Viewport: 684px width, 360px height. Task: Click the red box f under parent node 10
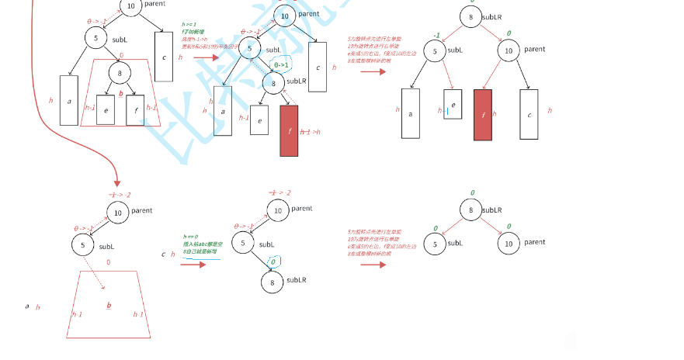482,114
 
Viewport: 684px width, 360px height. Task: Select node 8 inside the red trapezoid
119,74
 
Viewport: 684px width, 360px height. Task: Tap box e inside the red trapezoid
106,109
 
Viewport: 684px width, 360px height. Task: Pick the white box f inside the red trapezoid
134,109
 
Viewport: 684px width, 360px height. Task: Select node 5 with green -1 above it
435,52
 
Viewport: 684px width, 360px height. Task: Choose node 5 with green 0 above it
435,244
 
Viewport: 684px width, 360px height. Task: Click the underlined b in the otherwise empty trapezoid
109,306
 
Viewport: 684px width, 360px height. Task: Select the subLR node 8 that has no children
272,283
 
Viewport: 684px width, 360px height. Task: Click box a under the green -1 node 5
411,113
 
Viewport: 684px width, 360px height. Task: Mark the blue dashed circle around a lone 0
273,262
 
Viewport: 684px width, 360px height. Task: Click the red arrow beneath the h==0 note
193,264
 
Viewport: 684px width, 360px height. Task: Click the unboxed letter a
27,306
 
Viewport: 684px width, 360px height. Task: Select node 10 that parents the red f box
509,52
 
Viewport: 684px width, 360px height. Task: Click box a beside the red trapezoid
69,100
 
